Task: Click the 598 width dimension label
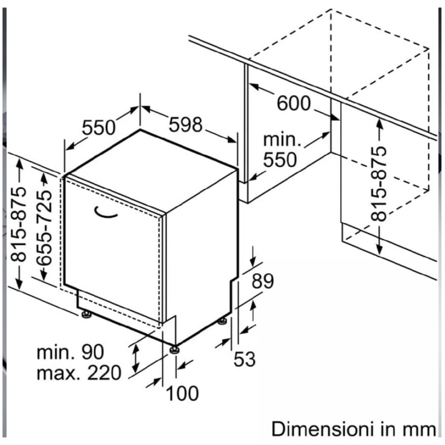pyautogui.click(x=185, y=124)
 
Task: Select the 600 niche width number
pyautogui.click(x=293, y=103)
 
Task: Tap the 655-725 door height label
pyautogui.click(x=44, y=226)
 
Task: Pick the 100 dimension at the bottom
pyautogui.click(x=182, y=394)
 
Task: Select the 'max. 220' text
pyautogui.click(x=79, y=372)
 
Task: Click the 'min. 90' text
pyautogui.click(x=70, y=352)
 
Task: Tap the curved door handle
pyautogui.click(x=106, y=212)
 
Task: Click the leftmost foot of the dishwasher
pyautogui.click(x=86, y=315)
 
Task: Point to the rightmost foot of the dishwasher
pyautogui.click(x=223, y=320)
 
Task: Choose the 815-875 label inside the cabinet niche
pyautogui.click(x=379, y=184)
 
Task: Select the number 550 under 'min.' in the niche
pyautogui.click(x=279, y=159)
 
